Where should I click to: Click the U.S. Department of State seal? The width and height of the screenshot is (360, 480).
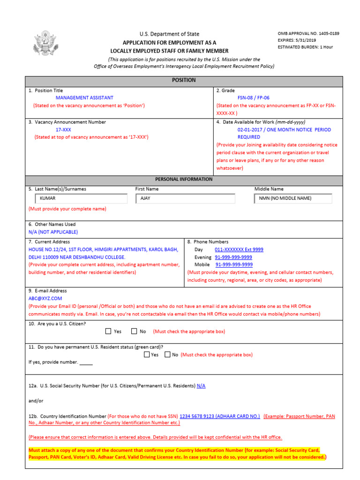[x=45, y=43]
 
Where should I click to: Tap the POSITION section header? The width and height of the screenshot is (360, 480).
[x=184, y=80]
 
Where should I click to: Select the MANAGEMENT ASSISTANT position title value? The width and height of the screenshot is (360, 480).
[x=84, y=98]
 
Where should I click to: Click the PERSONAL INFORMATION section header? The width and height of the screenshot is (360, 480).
[x=184, y=179]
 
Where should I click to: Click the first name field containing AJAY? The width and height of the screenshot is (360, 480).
[x=185, y=198]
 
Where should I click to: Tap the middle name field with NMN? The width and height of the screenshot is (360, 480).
[x=292, y=198]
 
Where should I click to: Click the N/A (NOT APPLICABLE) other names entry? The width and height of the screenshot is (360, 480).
[x=53, y=232]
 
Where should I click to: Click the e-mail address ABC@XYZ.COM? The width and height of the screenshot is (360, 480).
[x=45, y=298]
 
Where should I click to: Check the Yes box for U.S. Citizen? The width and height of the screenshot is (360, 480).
[x=108, y=331]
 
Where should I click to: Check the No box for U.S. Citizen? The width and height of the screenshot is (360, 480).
[x=134, y=331]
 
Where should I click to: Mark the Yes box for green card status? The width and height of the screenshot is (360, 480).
[x=147, y=355]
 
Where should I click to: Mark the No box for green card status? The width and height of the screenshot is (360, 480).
[x=168, y=355]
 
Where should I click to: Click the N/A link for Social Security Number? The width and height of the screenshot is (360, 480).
[x=201, y=386]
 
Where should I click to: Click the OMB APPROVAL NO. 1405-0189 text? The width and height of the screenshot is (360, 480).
[x=308, y=34]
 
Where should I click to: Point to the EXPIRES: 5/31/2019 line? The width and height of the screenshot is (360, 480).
[x=297, y=40]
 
